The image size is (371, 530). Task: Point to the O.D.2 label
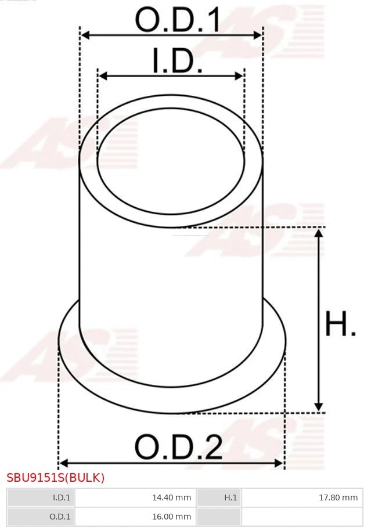pyautogui.click(x=178, y=448)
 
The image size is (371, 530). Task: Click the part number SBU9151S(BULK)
pyautogui.click(x=55, y=478)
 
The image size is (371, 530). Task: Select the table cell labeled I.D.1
pyautogui.click(x=41, y=497)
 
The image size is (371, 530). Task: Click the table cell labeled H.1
pyautogui.click(x=219, y=497)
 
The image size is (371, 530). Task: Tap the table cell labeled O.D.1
pyautogui.click(x=41, y=516)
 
